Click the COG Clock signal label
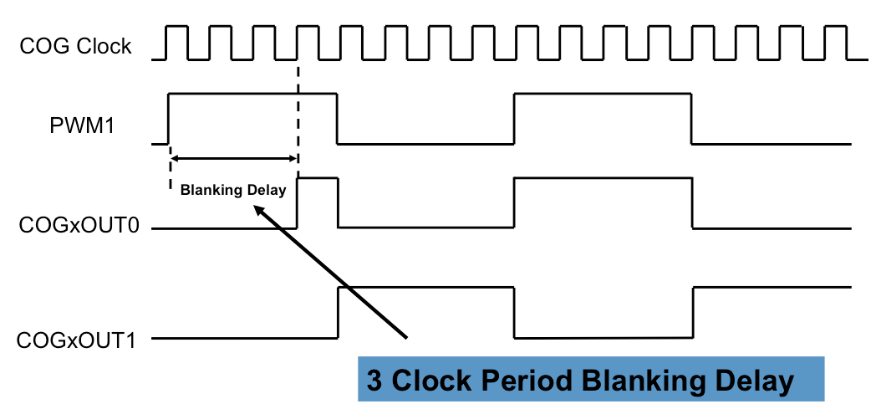click(x=76, y=47)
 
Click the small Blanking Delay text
click(x=233, y=190)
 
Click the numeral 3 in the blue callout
click(x=374, y=381)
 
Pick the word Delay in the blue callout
click(x=752, y=381)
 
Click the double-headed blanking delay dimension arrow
click(x=233, y=158)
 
